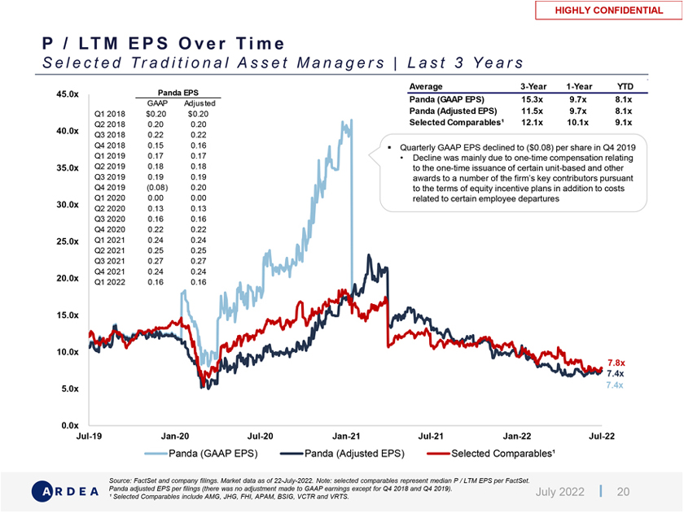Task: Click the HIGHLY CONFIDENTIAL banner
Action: tap(608, 11)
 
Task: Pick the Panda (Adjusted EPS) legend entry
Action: tap(342, 453)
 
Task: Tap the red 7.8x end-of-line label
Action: tap(616, 363)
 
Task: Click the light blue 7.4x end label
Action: tap(616, 385)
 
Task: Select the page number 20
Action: tap(623, 491)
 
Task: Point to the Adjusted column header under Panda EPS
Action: tap(199, 103)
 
